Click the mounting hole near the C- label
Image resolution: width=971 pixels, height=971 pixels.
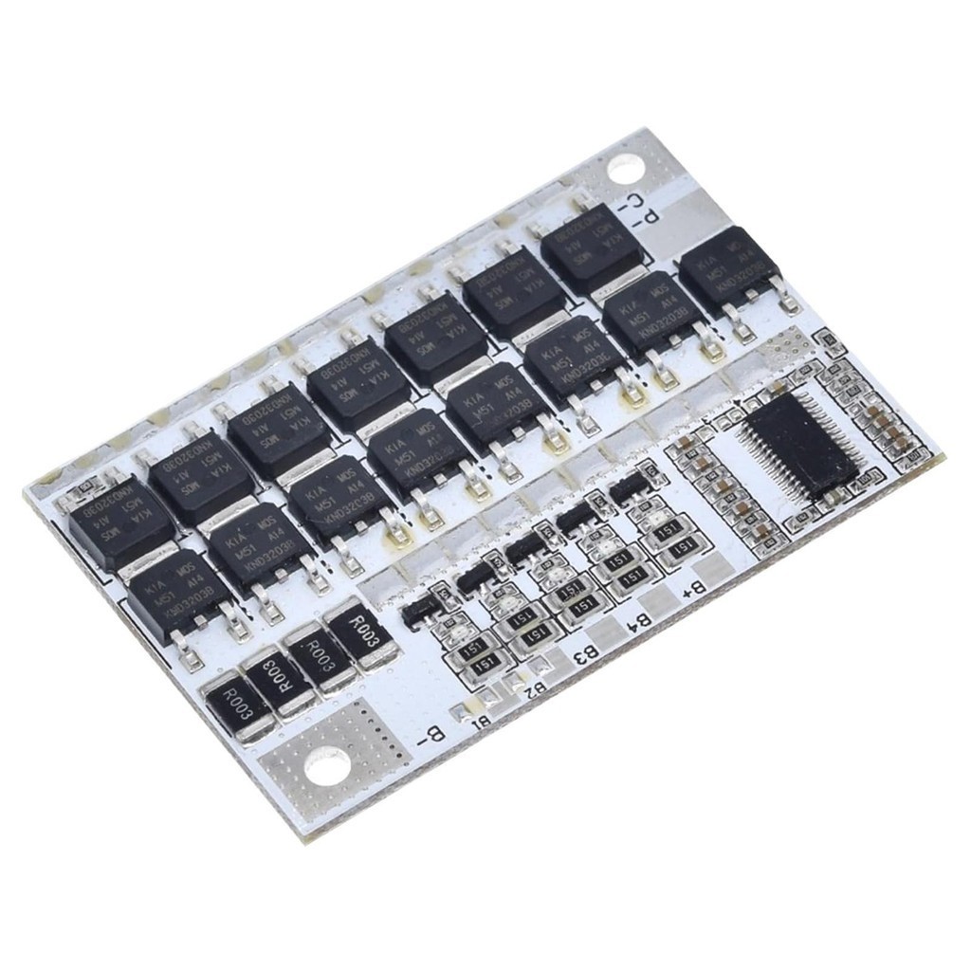pos(623,169)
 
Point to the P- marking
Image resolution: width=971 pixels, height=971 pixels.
pos(648,216)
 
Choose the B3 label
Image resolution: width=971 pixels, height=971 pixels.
pos(585,654)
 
